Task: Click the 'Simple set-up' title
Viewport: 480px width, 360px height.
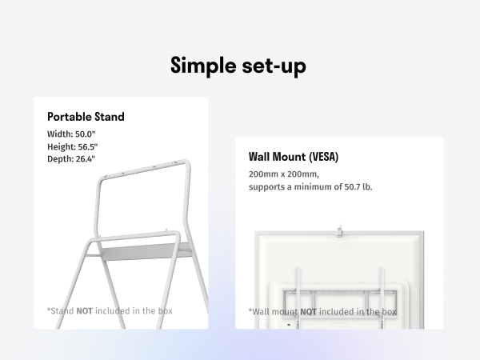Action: [238, 66]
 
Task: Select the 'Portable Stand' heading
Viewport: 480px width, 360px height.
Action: [86, 117]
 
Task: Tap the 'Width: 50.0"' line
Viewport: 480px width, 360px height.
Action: [71, 134]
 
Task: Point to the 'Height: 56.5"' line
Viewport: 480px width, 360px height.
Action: [73, 147]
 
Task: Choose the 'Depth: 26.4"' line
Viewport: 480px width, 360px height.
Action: [71, 159]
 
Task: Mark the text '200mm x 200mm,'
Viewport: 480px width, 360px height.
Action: [283, 174]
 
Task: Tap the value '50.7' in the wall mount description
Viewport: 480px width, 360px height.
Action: [351, 186]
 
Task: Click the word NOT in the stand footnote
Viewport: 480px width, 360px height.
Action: [84, 310]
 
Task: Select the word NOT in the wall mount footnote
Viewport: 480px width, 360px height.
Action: [308, 312]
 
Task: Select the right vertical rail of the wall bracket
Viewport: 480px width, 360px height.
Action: [383, 296]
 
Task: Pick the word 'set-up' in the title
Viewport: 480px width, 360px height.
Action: [269, 66]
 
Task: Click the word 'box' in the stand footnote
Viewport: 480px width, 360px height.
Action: [164, 310]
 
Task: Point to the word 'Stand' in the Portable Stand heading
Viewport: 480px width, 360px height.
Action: [109, 117]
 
